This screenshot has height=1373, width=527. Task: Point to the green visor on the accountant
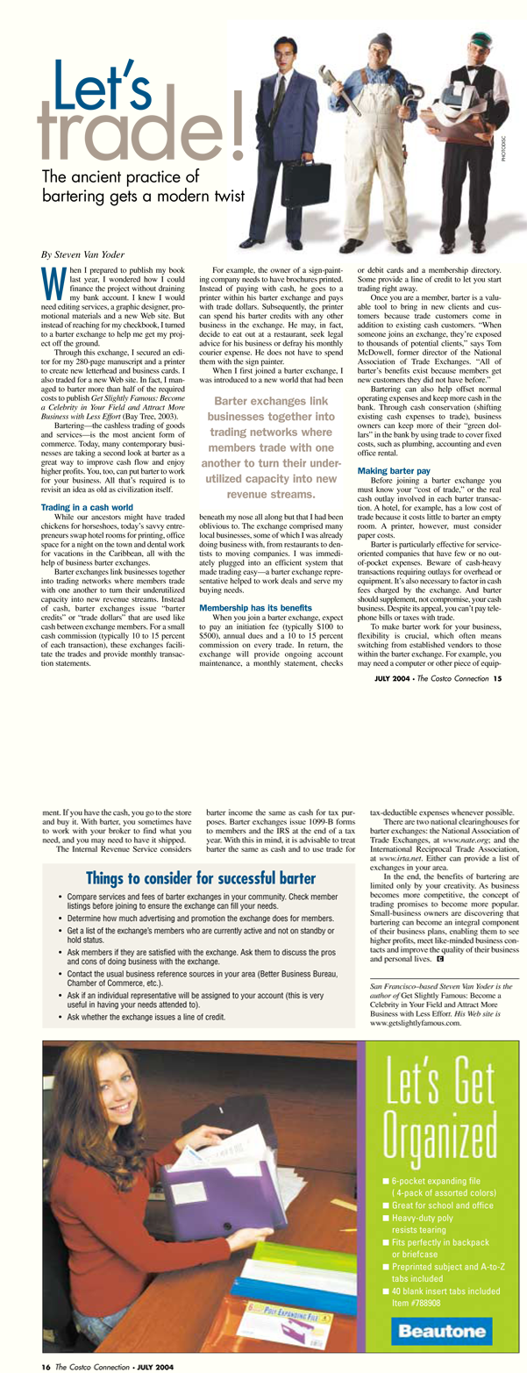coord(462,44)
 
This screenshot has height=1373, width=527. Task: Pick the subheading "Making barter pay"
coord(393,471)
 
